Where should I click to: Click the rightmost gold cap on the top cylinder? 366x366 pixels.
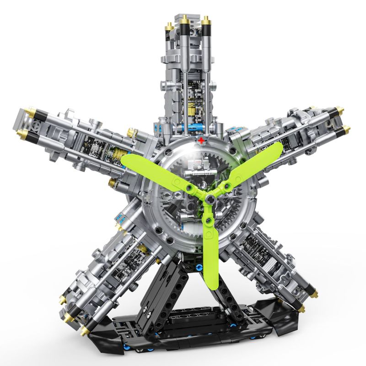tap(205, 20)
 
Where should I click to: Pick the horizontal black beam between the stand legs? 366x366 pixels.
tap(201, 316)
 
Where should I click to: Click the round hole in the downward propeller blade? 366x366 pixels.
tap(210, 221)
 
